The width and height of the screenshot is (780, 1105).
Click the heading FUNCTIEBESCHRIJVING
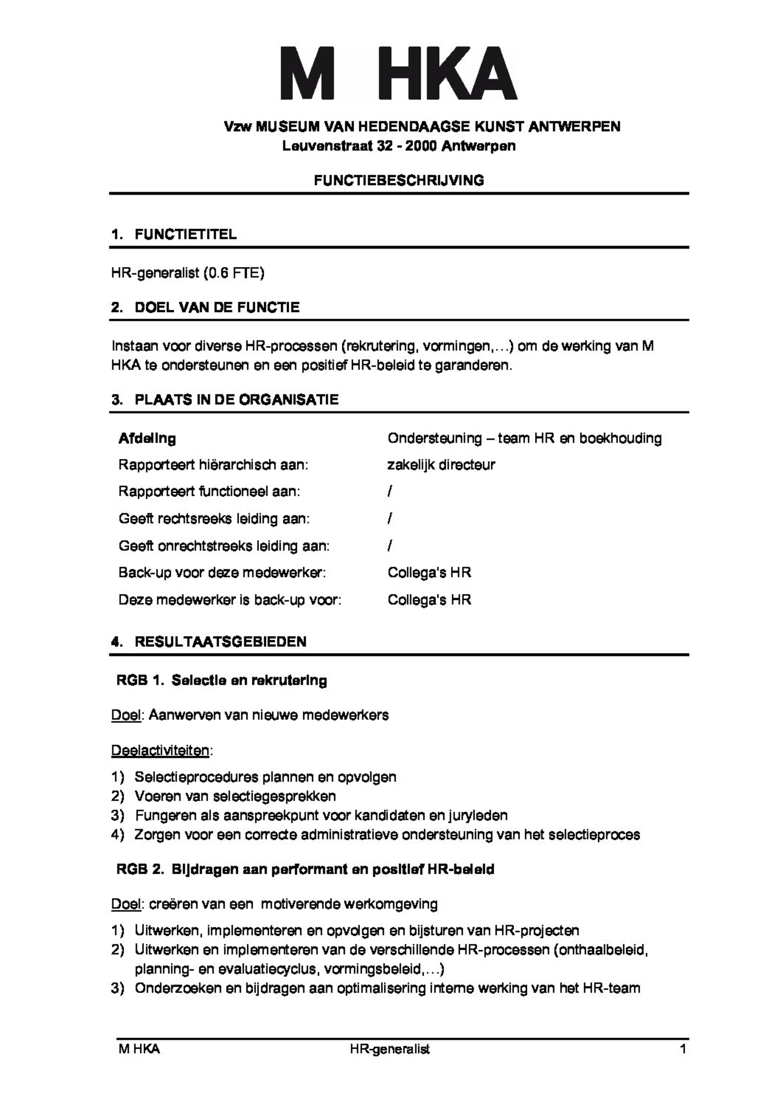(x=399, y=180)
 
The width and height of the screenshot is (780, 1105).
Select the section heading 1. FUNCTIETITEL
(x=174, y=235)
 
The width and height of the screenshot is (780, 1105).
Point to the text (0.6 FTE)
(x=234, y=273)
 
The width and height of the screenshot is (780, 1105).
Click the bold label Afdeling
(x=147, y=439)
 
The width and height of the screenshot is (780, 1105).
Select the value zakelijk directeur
(x=441, y=465)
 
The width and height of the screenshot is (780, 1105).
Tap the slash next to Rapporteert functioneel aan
(x=390, y=492)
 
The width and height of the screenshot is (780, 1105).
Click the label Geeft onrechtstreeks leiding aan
(x=224, y=546)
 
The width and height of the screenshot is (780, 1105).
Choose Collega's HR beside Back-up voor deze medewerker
(x=429, y=573)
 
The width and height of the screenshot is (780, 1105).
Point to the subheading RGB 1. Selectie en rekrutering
(x=222, y=680)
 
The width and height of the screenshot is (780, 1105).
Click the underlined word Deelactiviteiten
(x=160, y=751)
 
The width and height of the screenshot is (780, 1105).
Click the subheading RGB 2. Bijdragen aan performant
(x=305, y=869)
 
